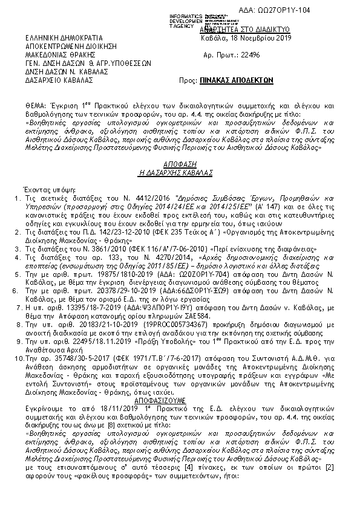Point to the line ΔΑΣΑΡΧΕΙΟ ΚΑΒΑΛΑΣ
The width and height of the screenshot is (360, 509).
point(59,79)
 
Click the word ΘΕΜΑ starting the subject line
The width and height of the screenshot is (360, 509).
point(35,97)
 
